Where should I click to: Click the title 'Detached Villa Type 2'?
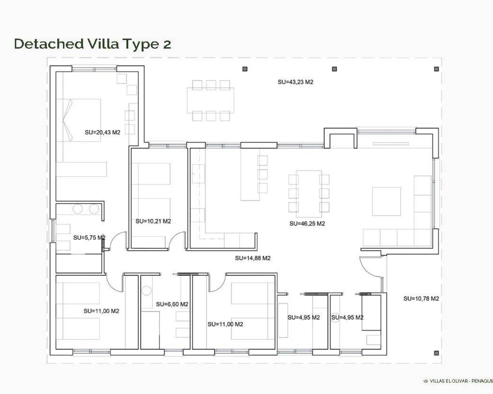pyautogui.click(x=92, y=44)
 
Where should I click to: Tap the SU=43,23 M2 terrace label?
pyautogui.click(x=295, y=82)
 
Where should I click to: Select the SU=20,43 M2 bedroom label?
pyautogui.click(x=102, y=132)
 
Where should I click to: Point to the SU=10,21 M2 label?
pyautogui.click(x=153, y=221)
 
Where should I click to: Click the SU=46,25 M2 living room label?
pyautogui.click(x=307, y=224)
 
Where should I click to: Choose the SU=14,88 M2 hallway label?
pyautogui.click(x=253, y=258)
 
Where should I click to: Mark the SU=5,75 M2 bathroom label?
pyautogui.click(x=89, y=238)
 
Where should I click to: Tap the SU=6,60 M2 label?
pyautogui.click(x=172, y=304)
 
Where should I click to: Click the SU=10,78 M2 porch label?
pyautogui.click(x=421, y=299)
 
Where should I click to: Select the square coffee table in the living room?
pyautogui.click(x=386, y=201)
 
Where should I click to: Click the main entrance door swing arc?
pyautogui.click(x=369, y=266)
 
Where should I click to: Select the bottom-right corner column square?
pyautogui.click(x=436, y=353)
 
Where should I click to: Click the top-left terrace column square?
pyautogui.click(x=245, y=69)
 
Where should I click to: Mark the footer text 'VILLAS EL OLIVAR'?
pyautogui.click(x=449, y=381)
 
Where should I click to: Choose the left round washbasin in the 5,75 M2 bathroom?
pyautogui.click(x=78, y=209)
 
